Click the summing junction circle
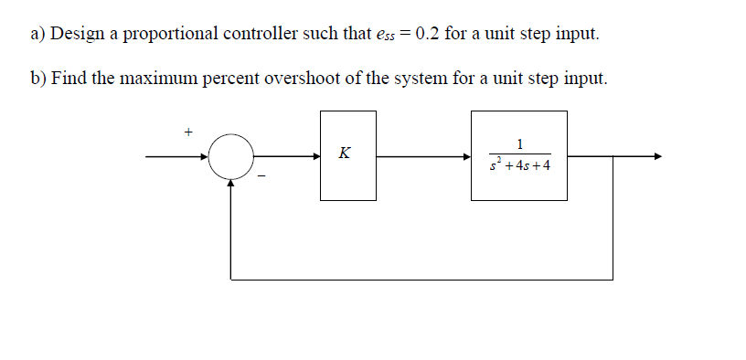231,156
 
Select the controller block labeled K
347,155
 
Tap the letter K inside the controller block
344,153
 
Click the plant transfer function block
518,155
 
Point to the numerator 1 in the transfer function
519,143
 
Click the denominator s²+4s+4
519,167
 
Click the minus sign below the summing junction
260,177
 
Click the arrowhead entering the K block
314,156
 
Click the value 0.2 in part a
431,35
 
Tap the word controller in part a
261,35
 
